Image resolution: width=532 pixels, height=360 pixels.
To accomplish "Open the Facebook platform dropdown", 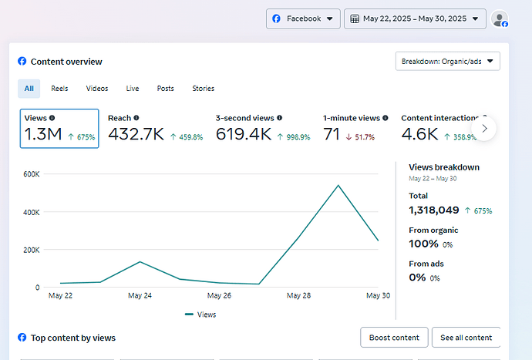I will (303, 19).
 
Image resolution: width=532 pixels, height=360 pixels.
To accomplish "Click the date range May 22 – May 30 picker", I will (414, 19).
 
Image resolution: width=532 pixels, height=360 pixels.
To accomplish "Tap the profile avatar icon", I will (500, 19).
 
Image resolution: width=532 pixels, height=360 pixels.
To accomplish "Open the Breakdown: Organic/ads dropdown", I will (447, 61).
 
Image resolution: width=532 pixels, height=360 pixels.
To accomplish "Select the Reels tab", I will (59, 89).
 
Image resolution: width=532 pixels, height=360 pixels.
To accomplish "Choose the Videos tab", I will (97, 89).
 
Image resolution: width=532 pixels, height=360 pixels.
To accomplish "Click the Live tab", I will (133, 89).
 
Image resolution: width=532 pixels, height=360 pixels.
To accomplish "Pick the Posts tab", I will (165, 89).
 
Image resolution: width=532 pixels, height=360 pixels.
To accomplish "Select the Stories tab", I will (204, 89).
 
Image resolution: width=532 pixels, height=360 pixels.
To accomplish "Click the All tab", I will (29, 89).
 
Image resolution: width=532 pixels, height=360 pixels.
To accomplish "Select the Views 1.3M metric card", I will (59, 128).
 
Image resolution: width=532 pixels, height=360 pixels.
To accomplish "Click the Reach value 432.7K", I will (136, 135).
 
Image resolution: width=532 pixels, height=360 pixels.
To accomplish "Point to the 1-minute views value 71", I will (332, 135).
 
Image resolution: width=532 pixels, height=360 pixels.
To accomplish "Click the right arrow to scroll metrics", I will (484, 128).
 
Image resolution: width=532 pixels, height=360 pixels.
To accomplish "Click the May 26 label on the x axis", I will (220, 295).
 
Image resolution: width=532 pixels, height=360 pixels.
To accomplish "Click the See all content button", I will (466, 338).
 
